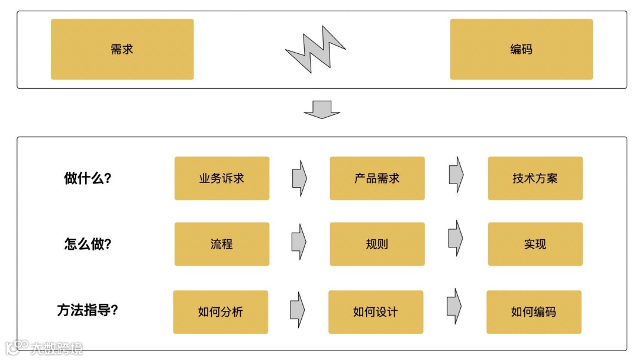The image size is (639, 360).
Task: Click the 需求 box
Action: click(x=122, y=49)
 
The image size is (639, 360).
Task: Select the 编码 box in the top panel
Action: click(x=521, y=49)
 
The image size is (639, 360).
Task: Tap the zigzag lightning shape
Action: click(x=315, y=49)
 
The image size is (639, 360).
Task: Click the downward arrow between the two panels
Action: click(x=322, y=110)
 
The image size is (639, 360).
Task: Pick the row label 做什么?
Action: click(x=88, y=178)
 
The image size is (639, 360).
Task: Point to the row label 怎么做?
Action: click(x=88, y=244)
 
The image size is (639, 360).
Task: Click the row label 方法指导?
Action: click(x=88, y=310)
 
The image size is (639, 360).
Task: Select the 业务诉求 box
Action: click(x=222, y=178)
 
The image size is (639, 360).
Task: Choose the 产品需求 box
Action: click(x=377, y=178)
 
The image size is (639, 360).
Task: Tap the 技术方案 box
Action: click(x=535, y=178)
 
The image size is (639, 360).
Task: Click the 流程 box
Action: click(x=222, y=244)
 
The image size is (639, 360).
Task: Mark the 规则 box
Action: click(x=377, y=244)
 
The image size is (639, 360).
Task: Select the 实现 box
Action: click(x=535, y=244)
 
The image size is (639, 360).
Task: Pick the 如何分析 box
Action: click(x=221, y=312)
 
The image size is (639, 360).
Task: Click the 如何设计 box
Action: click(x=376, y=312)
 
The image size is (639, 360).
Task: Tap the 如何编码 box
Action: click(x=534, y=312)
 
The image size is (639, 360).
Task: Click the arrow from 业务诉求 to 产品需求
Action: click(x=299, y=178)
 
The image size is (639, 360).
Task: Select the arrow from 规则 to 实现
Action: click(x=456, y=239)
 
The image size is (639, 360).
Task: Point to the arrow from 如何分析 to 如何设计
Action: click(x=298, y=309)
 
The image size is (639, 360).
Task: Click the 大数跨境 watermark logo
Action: click(x=44, y=348)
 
